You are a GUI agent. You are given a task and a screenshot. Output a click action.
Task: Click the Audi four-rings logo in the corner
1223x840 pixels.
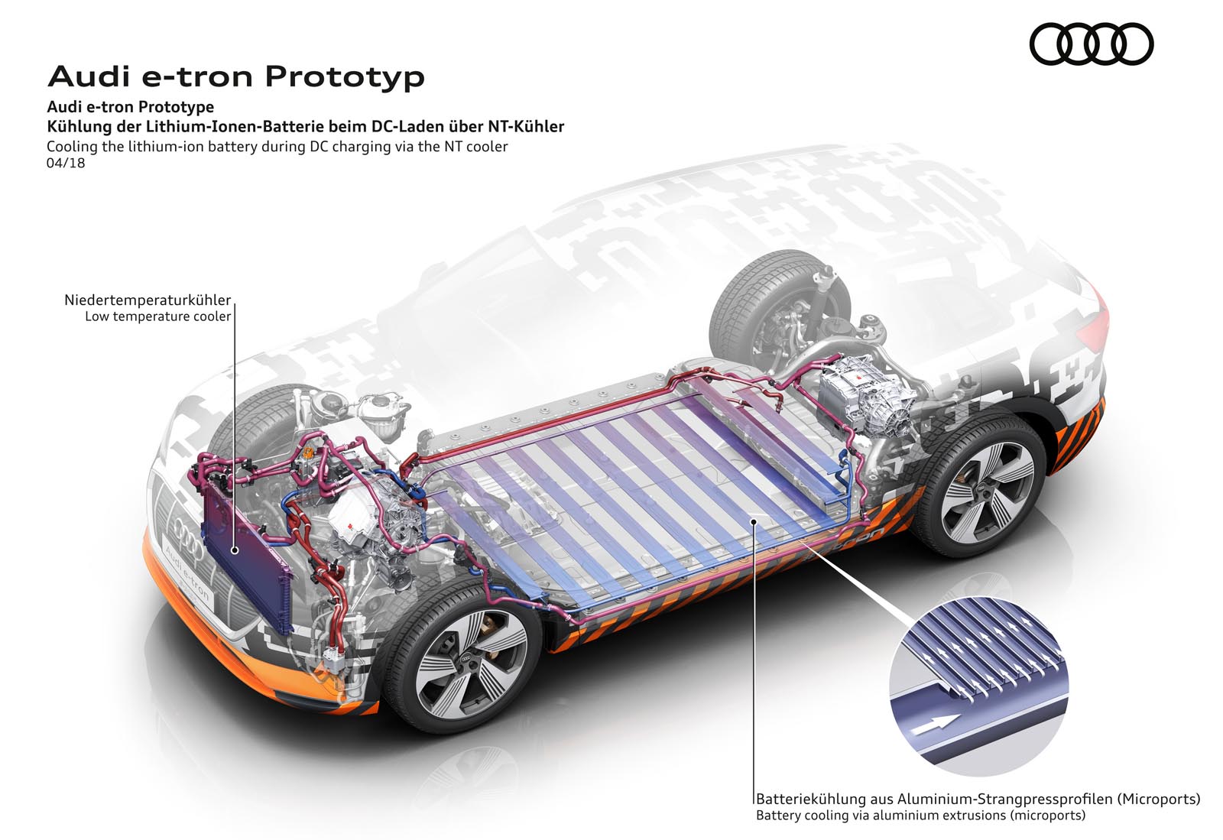pyautogui.click(x=1091, y=44)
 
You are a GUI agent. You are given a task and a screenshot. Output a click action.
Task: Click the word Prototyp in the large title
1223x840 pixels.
pyautogui.click(x=345, y=76)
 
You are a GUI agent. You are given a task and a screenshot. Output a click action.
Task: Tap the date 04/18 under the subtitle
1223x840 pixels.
pyautogui.click(x=66, y=163)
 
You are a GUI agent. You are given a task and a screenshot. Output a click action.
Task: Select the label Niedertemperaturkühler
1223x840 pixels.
pyautogui.click(x=148, y=300)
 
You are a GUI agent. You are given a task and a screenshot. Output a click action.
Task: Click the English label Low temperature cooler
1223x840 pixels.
pyautogui.click(x=157, y=316)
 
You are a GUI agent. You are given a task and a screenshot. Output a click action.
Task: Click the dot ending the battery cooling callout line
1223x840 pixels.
pyautogui.click(x=754, y=521)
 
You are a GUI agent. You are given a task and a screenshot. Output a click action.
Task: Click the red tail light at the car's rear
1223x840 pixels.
pyautogui.click(x=1098, y=313)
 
